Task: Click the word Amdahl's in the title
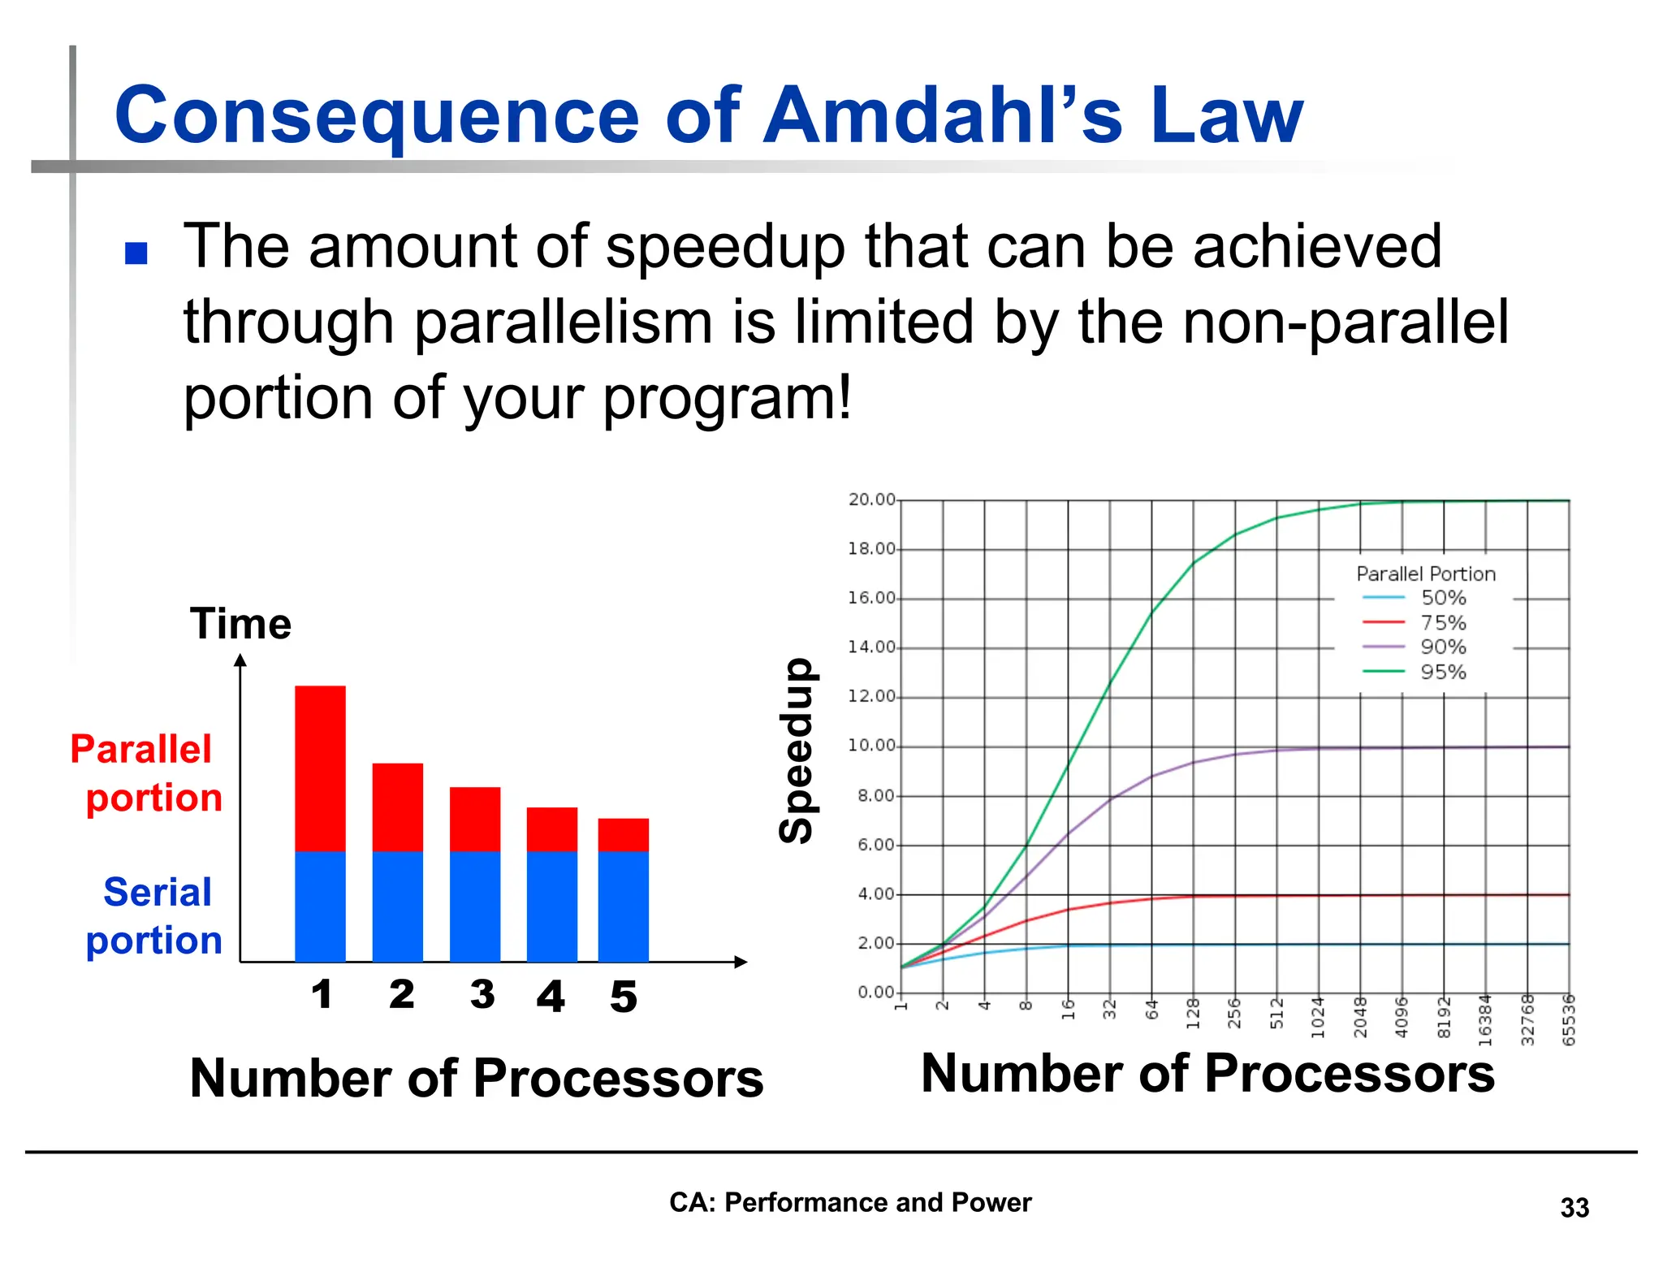click(x=944, y=115)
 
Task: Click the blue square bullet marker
click(x=136, y=253)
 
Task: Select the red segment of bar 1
click(x=320, y=768)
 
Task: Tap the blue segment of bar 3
click(x=475, y=906)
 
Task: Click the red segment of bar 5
click(x=623, y=834)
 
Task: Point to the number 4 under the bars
click(x=551, y=996)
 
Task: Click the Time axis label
click(x=240, y=624)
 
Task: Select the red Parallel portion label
click(x=146, y=772)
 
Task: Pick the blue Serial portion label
click(x=154, y=915)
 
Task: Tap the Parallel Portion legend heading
click(x=1425, y=573)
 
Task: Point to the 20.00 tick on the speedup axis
click(x=871, y=500)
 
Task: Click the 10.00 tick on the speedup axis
click(x=871, y=746)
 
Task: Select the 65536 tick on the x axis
click(x=1569, y=1020)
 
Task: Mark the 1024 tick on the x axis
click(x=1318, y=1018)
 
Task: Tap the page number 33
click(x=1574, y=1208)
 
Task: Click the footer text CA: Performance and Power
click(x=849, y=1202)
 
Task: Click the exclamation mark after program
click(x=844, y=398)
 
